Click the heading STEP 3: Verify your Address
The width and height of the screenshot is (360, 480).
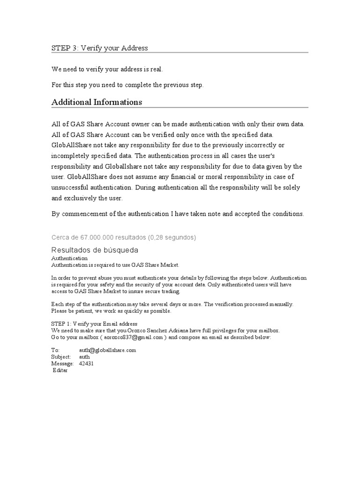pyautogui.click(x=99, y=48)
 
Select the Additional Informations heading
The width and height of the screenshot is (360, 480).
pyautogui.click(x=97, y=102)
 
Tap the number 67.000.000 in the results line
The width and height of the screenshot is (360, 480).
pyautogui.click(x=101, y=237)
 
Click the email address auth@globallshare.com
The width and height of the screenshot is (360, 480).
pyautogui.click(x=107, y=350)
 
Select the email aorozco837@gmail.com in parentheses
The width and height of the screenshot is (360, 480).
pyautogui.click(x=133, y=337)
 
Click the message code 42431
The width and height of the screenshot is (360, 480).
pyautogui.click(x=86, y=363)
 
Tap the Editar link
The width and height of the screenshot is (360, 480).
pyautogui.click(x=60, y=370)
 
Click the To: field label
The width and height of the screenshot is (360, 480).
pyautogui.click(x=55, y=350)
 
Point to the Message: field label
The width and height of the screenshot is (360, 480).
pyautogui.click(x=62, y=363)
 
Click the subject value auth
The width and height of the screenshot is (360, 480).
pyautogui.click(x=84, y=357)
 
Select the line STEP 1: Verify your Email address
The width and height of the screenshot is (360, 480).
pyautogui.click(x=94, y=324)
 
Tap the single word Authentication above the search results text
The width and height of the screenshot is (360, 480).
pyautogui.click(x=69, y=258)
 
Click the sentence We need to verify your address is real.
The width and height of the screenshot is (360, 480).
pyautogui.click(x=108, y=69)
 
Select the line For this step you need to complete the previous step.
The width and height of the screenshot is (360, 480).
pyautogui.click(x=127, y=85)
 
